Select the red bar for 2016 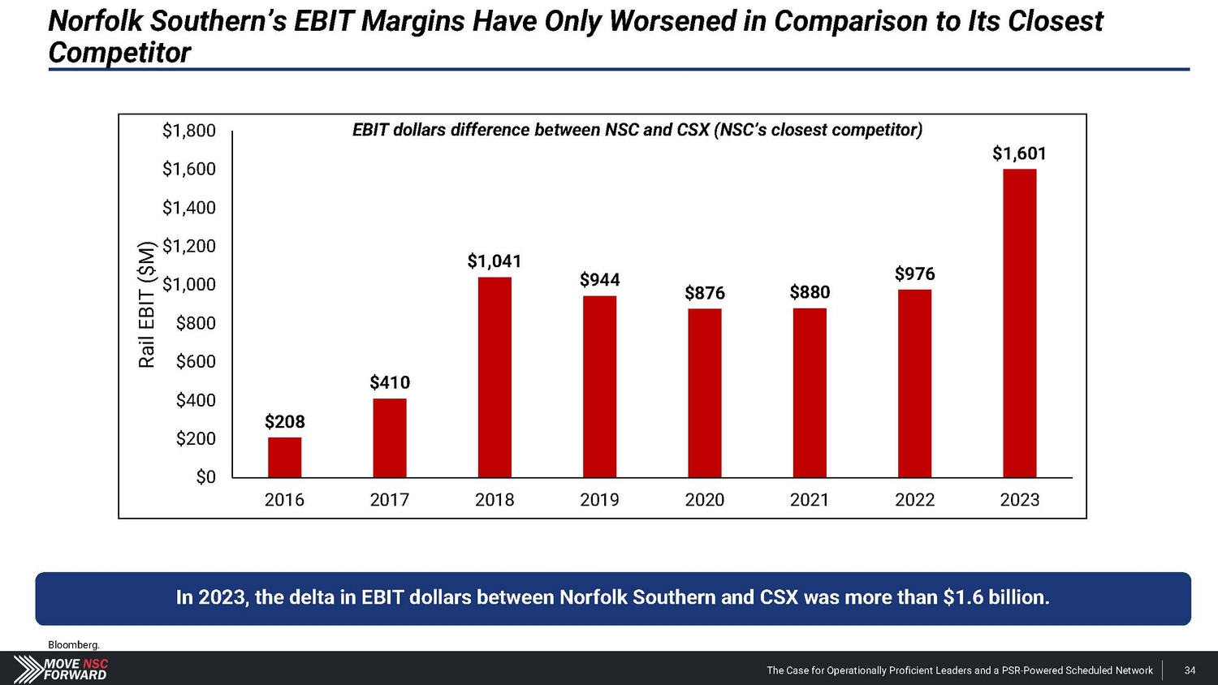click(284, 458)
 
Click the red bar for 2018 click(495, 377)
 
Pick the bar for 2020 click(704, 393)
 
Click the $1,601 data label click(1019, 153)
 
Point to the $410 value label click(390, 382)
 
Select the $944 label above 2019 click(599, 280)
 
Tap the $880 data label click(810, 292)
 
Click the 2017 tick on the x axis click(390, 500)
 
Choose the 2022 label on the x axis click(914, 500)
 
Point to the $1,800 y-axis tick click(189, 131)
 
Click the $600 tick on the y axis click(196, 361)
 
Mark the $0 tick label click(206, 477)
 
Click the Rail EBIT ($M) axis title click(147, 304)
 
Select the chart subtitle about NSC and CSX click(637, 130)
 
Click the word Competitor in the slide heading click(119, 53)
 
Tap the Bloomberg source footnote click(73, 644)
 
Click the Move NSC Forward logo click(61, 669)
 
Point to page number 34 click(1190, 670)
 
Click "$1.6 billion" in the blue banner click(996, 597)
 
